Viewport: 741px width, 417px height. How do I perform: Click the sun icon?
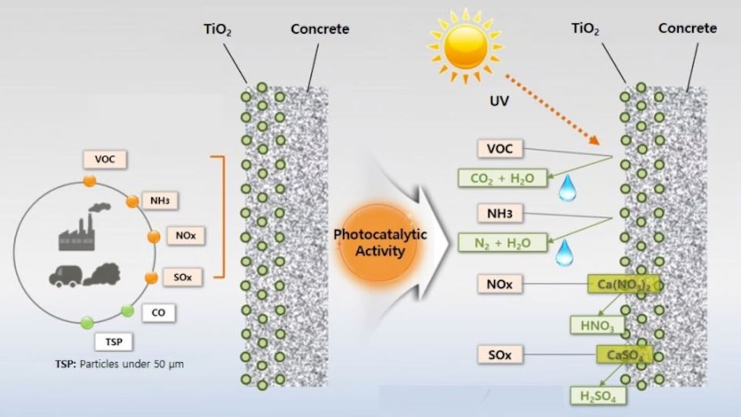pos(465,45)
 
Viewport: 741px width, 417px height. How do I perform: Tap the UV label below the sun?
pos(499,101)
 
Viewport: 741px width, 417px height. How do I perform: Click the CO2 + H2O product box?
pos(502,178)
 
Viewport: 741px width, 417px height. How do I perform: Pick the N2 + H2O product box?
pos(502,243)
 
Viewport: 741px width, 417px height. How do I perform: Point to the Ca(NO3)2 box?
pos(622,284)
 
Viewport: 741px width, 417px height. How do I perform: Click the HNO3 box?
pos(597,326)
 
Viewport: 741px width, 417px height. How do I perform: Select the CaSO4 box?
pos(624,355)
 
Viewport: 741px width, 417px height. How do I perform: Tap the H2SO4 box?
pos(598,396)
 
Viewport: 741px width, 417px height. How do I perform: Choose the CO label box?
pos(158,313)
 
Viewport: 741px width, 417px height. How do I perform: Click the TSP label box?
pos(113,342)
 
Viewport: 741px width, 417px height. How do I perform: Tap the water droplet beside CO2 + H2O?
pos(567,188)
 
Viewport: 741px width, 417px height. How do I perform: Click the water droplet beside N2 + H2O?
pos(564,253)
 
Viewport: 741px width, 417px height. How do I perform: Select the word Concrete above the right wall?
pos(687,28)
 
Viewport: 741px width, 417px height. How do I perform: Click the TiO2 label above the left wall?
pos(217,30)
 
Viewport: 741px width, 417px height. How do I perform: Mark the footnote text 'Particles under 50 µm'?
pos(132,364)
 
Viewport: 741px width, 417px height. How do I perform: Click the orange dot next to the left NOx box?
pos(154,237)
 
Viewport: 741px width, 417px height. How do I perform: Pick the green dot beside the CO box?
pos(127,310)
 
